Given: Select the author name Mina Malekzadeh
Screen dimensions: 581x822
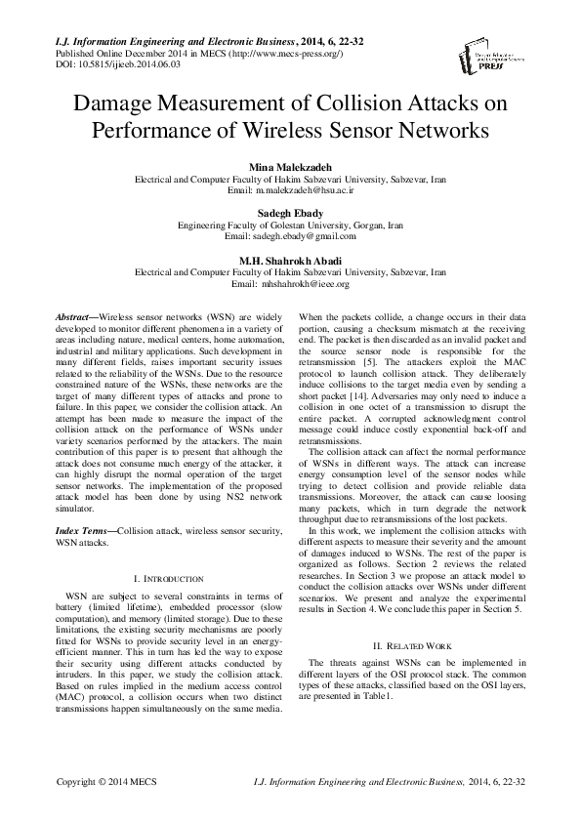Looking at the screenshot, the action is [x=290, y=167].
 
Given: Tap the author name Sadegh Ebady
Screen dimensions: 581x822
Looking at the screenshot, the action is [x=290, y=212].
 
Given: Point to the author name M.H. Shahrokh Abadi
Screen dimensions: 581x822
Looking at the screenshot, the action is [x=290, y=259].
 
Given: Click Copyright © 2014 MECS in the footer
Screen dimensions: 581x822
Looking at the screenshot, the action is [x=93, y=783].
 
